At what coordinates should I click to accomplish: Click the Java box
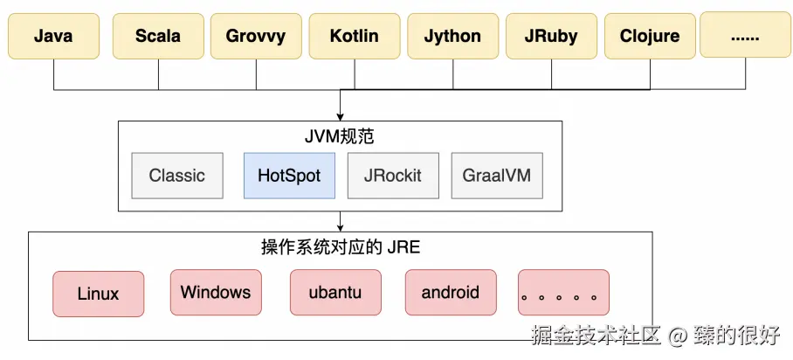click(53, 37)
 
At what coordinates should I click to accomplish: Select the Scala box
click(158, 37)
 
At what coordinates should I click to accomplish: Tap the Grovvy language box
click(256, 37)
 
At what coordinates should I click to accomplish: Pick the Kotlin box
click(355, 37)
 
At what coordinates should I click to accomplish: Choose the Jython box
click(452, 37)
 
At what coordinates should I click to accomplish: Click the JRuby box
click(551, 37)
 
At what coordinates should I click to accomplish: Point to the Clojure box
click(650, 37)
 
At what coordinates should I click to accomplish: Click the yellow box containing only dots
click(747, 37)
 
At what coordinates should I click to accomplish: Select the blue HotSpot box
click(289, 175)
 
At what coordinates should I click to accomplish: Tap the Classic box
click(176, 175)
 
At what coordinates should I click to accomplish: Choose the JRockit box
click(392, 175)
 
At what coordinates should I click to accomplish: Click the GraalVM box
click(496, 175)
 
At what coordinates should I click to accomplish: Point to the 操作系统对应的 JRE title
click(341, 247)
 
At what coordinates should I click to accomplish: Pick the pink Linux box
click(98, 294)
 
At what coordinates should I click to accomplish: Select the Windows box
click(216, 292)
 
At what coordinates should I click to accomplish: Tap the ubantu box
click(334, 292)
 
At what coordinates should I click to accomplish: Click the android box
click(450, 292)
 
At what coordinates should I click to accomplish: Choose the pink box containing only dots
click(563, 292)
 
